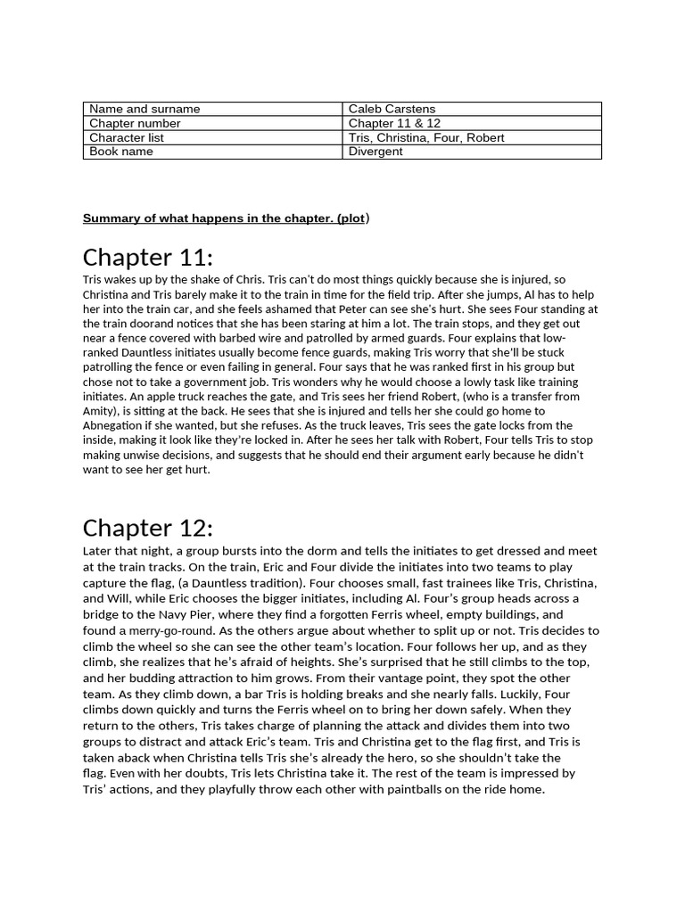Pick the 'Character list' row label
click(x=127, y=137)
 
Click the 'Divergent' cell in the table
click(x=376, y=152)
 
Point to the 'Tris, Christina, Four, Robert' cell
click(x=426, y=137)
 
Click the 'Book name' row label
click(x=121, y=152)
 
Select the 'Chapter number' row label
click(x=135, y=123)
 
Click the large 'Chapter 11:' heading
click(x=148, y=258)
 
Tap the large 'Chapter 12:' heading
click(x=148, y=527)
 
